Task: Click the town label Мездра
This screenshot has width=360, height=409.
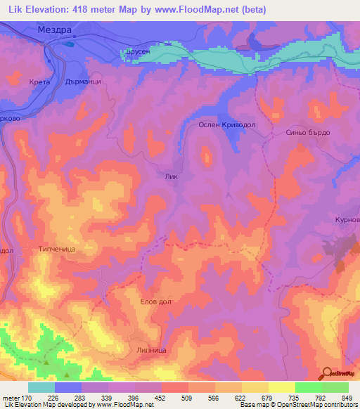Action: tap(56, 30)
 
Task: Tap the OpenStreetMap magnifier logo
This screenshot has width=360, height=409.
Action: tap(328, 373)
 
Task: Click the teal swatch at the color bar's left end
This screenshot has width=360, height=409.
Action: tap(41, 387)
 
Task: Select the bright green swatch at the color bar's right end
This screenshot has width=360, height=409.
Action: tap(335, 387)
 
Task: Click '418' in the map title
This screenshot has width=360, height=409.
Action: tap(83, 8)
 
